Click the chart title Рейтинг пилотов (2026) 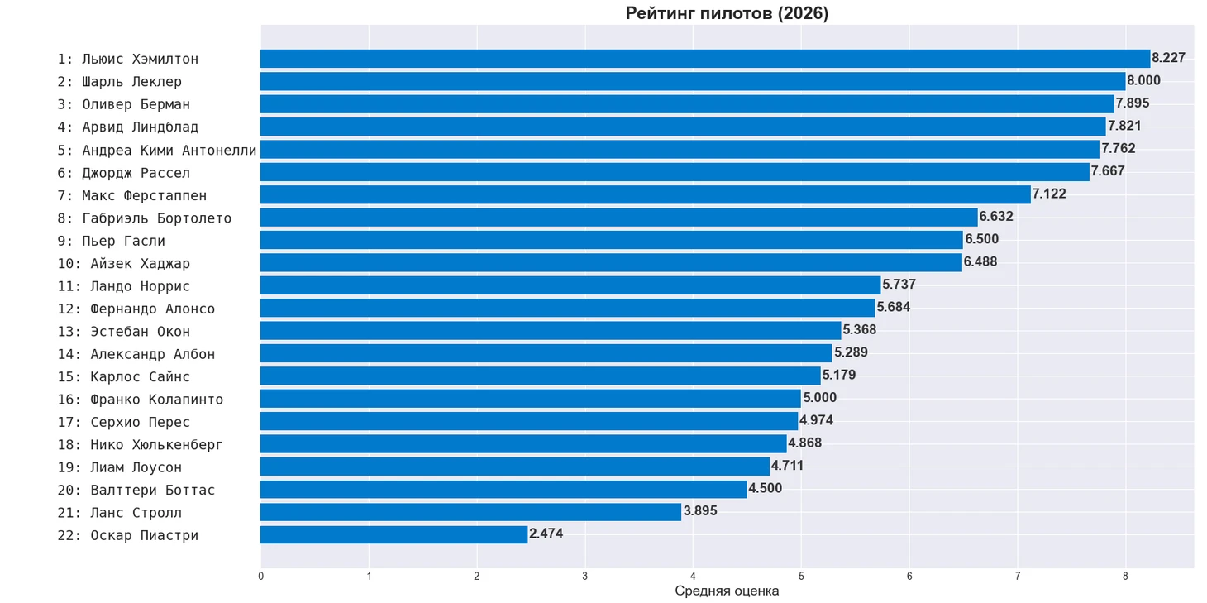coord(727,13)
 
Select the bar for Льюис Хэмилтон coord(705,59)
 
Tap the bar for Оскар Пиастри coord(394,534)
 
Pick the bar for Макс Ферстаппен coord(646,194)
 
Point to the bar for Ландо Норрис coord(570,285)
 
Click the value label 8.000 coord(1143,80)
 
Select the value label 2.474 coord(546,534)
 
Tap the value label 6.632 coord(995,216)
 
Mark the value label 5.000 coord(819,398)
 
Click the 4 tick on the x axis coord(693,576)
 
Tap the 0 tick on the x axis coord(260,576)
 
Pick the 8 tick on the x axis coord(1125,576)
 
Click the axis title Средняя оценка coord(727,591)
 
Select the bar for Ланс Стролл coord(471,512)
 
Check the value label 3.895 coord(700,510)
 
